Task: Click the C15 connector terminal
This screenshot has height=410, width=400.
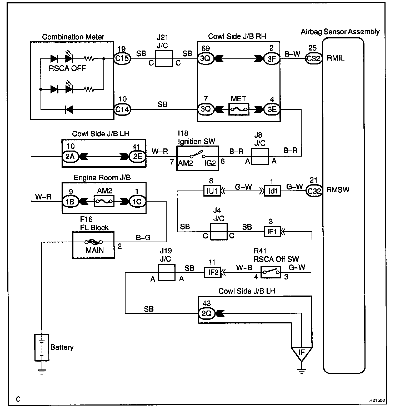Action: click(x=122, y=58)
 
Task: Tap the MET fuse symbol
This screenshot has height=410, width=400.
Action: click(x=239, y=109)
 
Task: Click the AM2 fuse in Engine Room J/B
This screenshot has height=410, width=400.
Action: click(x=104, y=201)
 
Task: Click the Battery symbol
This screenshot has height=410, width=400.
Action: click(x=42, y=347)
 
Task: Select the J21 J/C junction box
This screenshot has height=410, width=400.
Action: click(x=164, y=59)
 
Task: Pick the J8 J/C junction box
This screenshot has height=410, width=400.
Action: click(x=260, y=156)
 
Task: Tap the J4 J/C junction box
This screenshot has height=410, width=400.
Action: click(x=218, y=232)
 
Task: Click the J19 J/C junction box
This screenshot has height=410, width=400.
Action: click(x=166, y=273)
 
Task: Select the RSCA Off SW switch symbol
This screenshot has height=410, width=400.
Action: click(x=271, y=272)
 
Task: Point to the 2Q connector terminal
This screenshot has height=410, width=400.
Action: click(x=207, y=313)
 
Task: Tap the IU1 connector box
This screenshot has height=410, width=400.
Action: click(x=212, y=191)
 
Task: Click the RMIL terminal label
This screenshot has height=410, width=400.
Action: click(x=336, y=58)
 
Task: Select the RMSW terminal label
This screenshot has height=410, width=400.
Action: click(x=338, y=190)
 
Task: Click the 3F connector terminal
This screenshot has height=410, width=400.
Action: click(x=272, y=59)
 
